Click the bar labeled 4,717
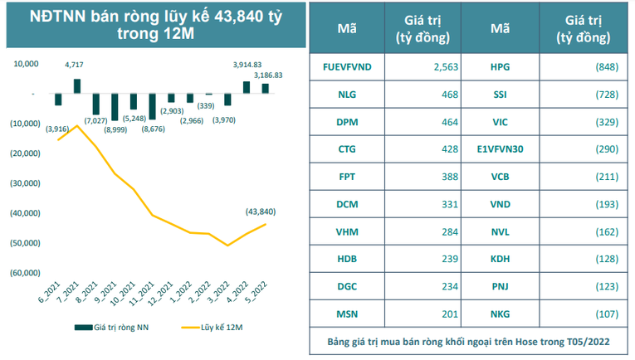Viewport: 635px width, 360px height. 77,85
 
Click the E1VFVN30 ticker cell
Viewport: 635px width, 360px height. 500,148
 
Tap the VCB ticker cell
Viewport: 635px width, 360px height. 500,176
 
